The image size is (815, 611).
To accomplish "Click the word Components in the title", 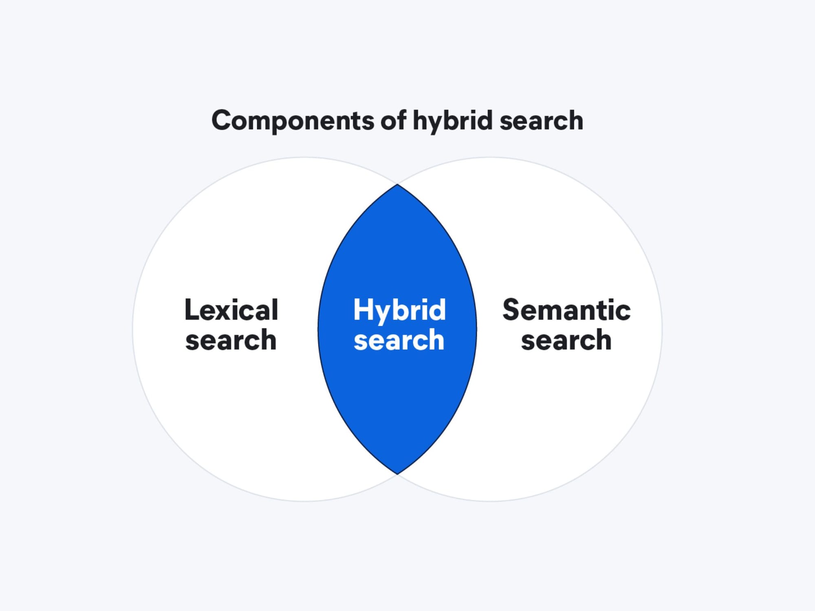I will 293,121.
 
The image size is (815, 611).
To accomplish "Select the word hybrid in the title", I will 452,121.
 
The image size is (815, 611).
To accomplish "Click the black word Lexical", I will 231,310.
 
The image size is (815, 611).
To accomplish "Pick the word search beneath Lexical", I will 231,340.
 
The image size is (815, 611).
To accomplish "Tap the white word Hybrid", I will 399,311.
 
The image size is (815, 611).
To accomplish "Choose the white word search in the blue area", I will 399,340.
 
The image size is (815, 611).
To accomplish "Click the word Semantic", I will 566,310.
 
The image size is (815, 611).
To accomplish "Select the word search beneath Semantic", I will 566,340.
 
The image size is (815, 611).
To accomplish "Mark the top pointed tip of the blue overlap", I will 397,185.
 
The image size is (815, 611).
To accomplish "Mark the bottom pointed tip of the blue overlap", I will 397,474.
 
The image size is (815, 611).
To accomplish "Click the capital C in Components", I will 222,121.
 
